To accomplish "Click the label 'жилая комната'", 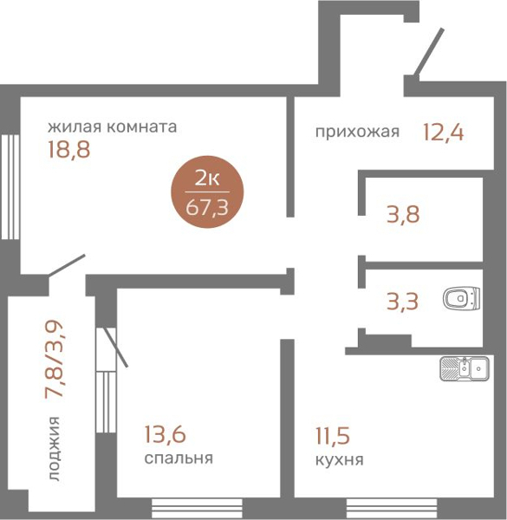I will tap(113, 127).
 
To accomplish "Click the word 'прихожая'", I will tap(357, 132).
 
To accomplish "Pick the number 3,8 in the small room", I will tap(403, 213).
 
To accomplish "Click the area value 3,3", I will tap(403, 302).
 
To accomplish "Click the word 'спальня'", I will tap(179, 458).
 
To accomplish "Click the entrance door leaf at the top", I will tap(424, 54).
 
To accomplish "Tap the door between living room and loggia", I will tap(68, 266).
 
